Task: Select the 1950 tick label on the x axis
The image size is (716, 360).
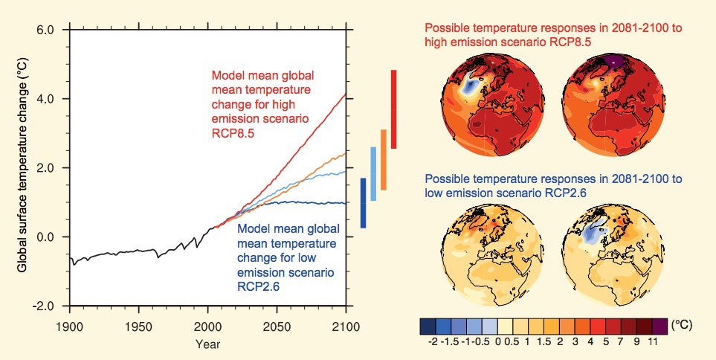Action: pyautogui.click(x=138, y=327)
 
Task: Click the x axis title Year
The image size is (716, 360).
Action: pyautogui.click(x=207, y=344)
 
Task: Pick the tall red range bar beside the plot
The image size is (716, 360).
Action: pyautogui.click(x=393, y=109)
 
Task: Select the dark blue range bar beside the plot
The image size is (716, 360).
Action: pyautogui.click(x=363, y=203)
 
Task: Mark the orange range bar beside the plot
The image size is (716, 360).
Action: pyautogui.click(x=384, y=160)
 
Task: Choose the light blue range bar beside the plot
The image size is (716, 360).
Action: pyautogui.click(x=373, y=173)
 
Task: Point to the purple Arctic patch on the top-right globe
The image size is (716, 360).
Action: pyautogui.click(x=614, y=60)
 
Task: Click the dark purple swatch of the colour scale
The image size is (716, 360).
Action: pyautogui.click(x=659, y=326)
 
